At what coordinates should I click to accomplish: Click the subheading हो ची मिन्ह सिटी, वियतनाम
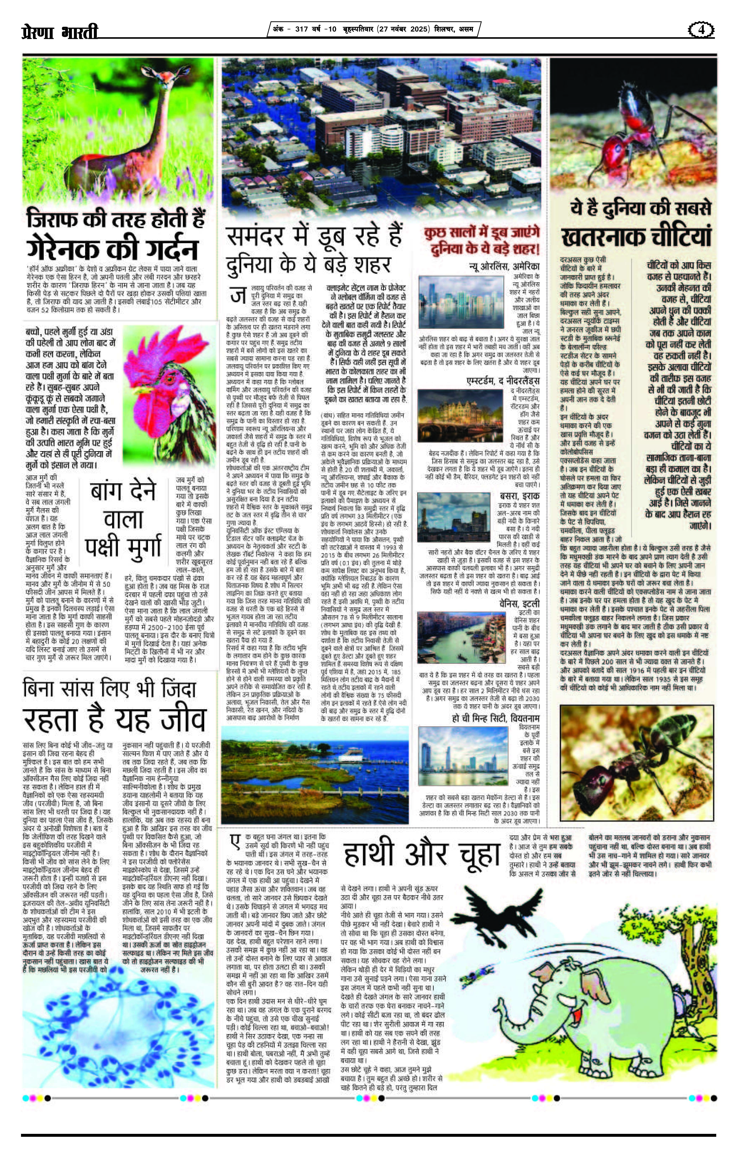click(496, 718)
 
